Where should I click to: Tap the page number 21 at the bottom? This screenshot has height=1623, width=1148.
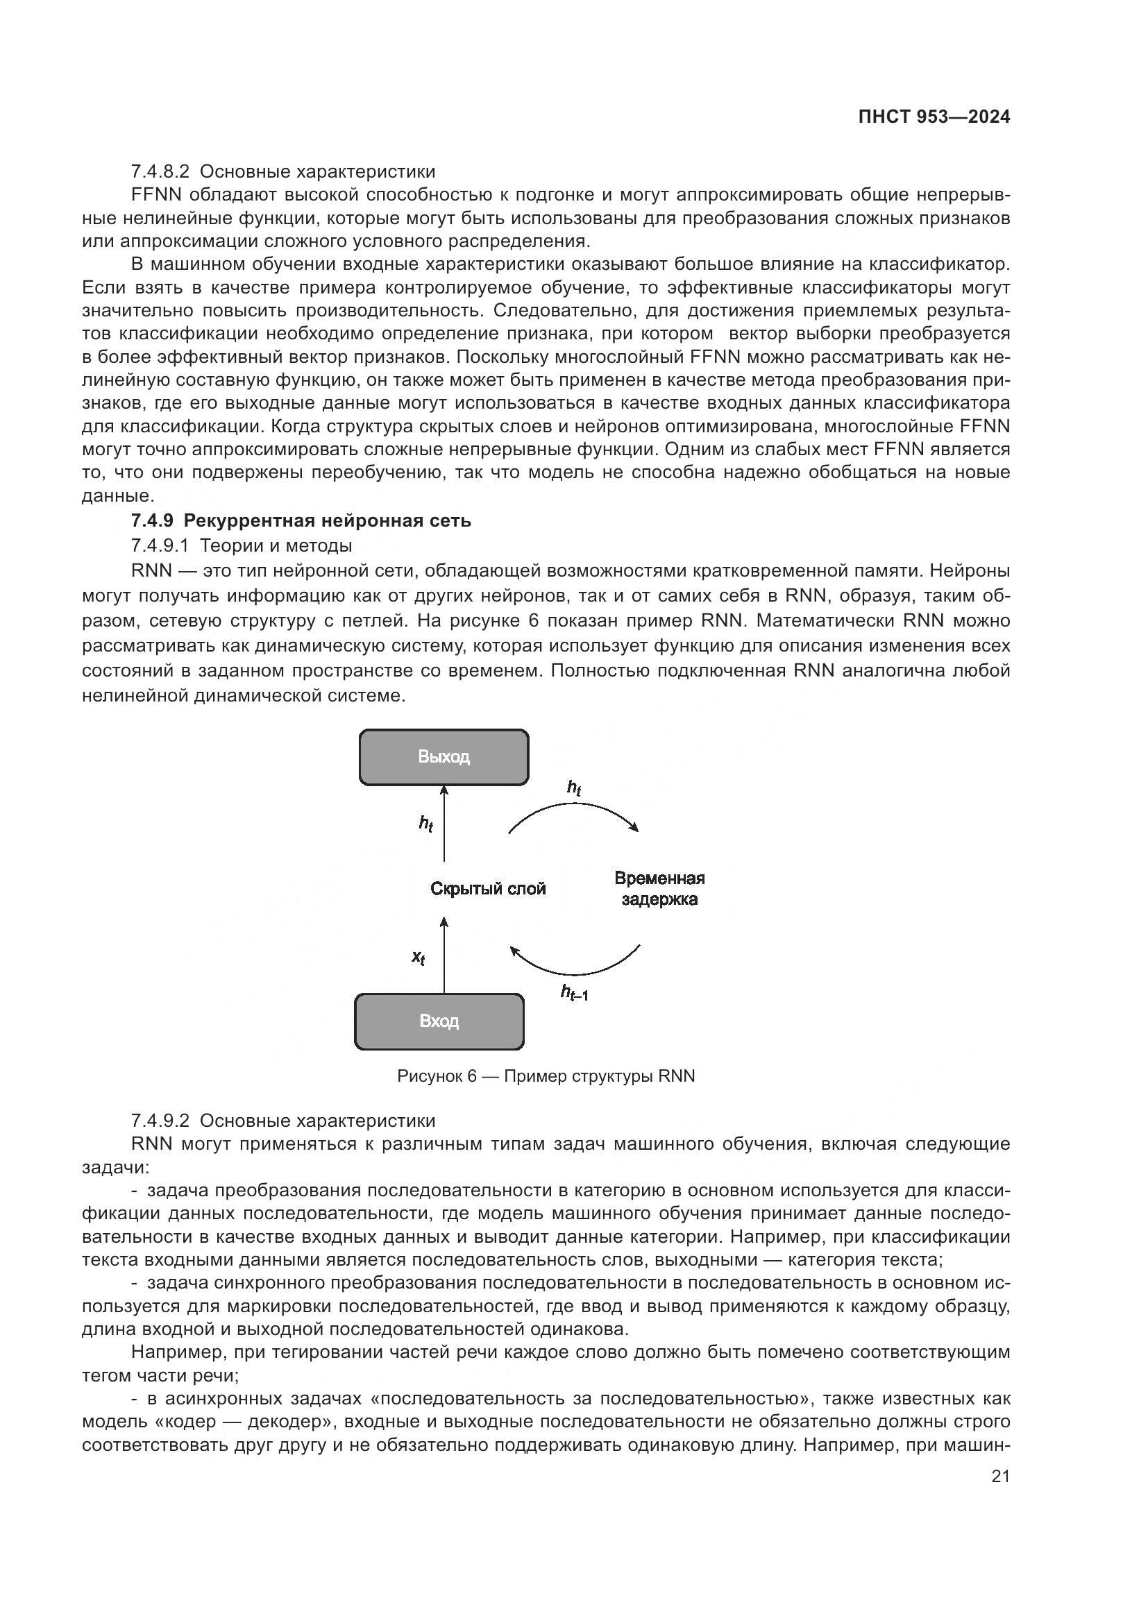pos(1000,1476)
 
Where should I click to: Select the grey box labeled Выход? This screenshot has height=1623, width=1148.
pos(444,757)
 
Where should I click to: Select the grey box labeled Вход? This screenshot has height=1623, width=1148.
pos(439,1021)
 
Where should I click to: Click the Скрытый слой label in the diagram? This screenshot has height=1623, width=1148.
pos(488,889)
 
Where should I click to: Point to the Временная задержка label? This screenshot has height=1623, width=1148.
pos(659,889)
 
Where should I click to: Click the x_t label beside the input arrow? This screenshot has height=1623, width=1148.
pos(419,958)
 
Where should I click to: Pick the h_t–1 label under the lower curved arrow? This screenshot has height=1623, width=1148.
pos(574,993)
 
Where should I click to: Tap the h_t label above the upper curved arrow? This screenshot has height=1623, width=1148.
pos(574,788)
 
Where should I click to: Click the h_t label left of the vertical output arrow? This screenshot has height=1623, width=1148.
pos(425,824)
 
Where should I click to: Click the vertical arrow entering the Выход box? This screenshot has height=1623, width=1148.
pos(444,824)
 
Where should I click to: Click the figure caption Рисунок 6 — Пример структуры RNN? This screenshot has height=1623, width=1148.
pos(546,1076)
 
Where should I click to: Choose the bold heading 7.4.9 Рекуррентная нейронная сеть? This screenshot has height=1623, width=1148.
pos(301,521)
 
